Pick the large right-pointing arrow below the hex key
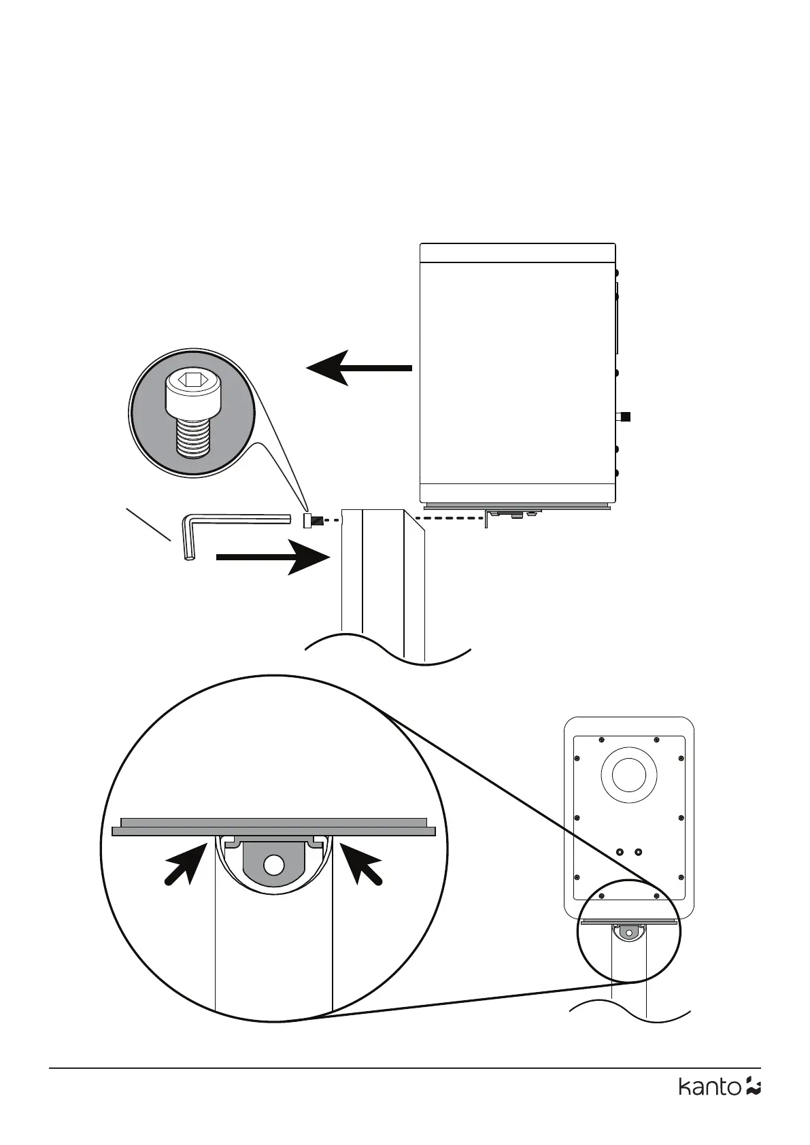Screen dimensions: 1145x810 pos(272,557)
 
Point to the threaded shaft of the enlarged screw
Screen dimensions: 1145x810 pos(193,437)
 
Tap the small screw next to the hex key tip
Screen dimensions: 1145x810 pos(309,522)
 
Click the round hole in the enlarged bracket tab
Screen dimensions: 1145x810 pos(274,864)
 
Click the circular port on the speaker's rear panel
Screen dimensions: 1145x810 pos(628,774)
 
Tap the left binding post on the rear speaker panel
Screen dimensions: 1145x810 pos(620,852)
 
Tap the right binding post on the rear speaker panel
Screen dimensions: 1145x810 pos(638,852)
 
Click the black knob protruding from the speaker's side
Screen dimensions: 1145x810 pos(626,417)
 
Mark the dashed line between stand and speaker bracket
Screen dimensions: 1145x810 pos(449,519)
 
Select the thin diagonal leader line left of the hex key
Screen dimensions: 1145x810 pos(148,524)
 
